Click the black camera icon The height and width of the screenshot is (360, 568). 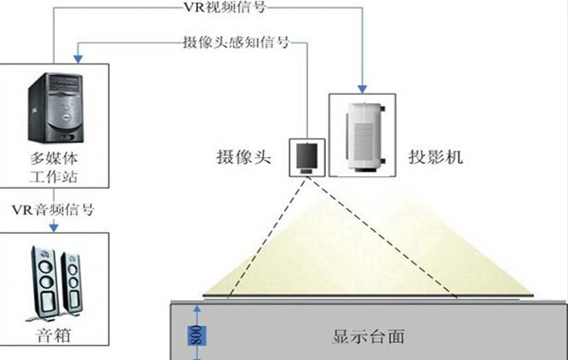click(x=305, y=153)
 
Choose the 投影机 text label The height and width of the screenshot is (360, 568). click(x=435, y=156)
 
